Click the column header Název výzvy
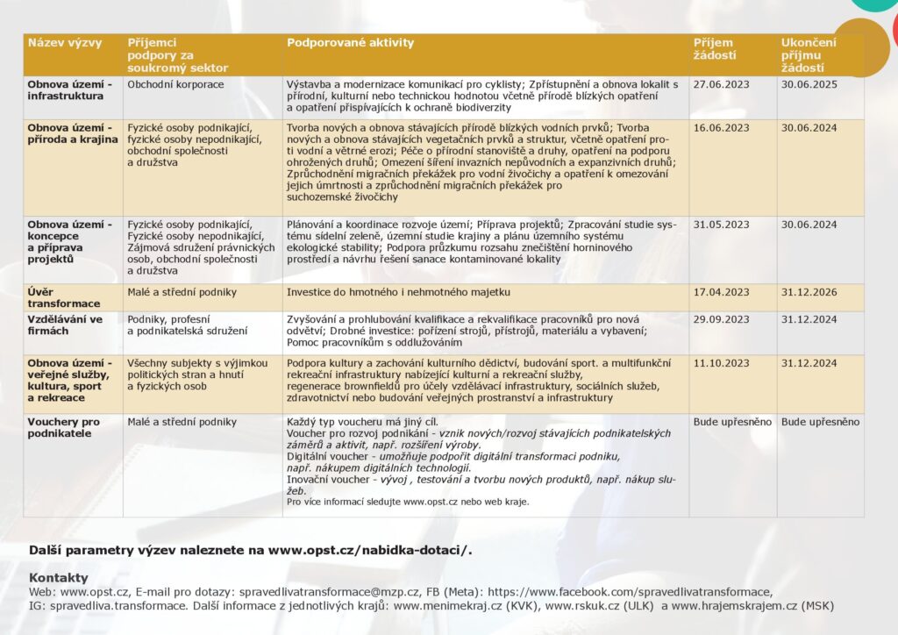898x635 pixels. click(65, 43)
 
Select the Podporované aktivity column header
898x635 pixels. click(350, 43)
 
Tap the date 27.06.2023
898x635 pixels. click(721, 85)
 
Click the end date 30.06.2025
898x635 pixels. click(809, 85)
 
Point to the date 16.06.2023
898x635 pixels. click(721, 128)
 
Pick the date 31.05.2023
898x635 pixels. click(721, 225)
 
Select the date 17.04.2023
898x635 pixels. click(721, 292)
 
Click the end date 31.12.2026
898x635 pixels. click(809, 292)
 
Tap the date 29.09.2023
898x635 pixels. click(721, 319)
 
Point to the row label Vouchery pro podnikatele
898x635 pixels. click(63, 427)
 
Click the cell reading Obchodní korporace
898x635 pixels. click(175, 85)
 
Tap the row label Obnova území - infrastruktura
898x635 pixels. click(69, 90)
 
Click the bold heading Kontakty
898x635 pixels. click(59, 577)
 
